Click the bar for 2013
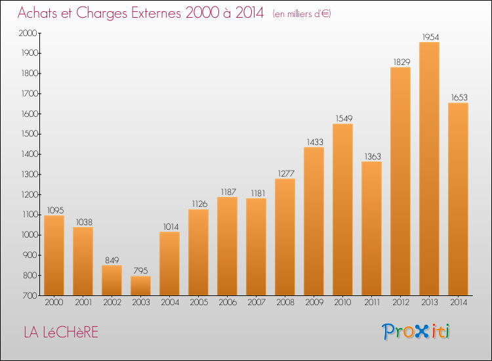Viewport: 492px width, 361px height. (x=429, y=169)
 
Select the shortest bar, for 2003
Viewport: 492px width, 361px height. (x=140, y=286)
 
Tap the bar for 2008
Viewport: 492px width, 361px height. (x=285, y=237)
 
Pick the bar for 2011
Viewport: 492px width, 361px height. (x=371, y=228)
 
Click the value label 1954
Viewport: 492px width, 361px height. (x=430, y=37)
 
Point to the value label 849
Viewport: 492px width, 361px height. (x=112, y=260)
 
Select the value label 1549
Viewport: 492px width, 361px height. (x=344, y=118)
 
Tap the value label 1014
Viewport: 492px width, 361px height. (x=171, y=226)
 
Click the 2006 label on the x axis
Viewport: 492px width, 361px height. (x=228, y=303)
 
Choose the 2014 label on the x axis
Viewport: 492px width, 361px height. (x=459, y=303)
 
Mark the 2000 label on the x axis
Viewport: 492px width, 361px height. (x=54, y=303)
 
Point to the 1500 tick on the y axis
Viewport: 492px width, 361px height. (x=29, y=134)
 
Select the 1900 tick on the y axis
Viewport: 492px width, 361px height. (x=29, y=53)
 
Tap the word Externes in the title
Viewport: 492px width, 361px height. (x=156, y=12)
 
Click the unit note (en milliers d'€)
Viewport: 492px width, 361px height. (x=302, y=14)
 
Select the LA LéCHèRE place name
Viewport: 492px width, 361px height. (x=61, y=332)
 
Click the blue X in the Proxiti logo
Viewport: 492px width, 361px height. (x=421, y=331)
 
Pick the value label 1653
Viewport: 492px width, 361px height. (x=459, y=98)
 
